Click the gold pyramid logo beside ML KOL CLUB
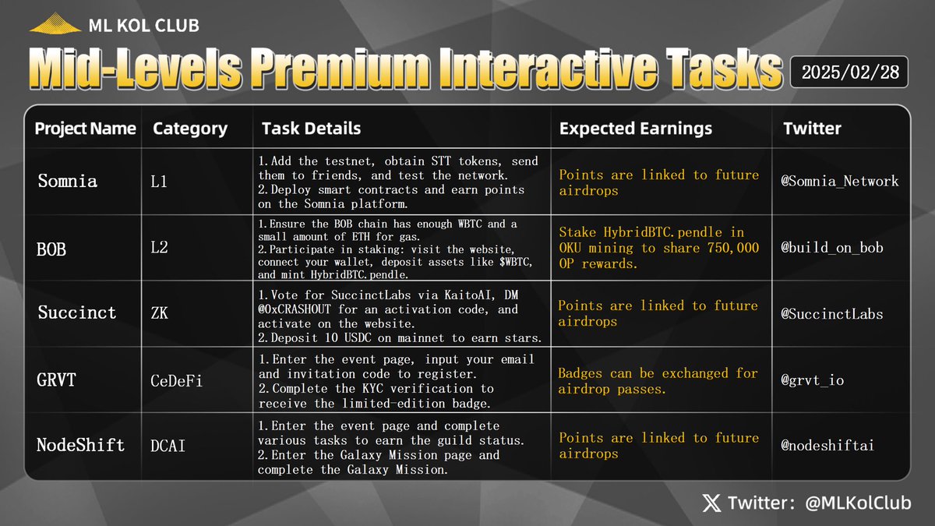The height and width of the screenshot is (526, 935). [55, 25]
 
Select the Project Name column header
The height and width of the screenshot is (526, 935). [85, 129]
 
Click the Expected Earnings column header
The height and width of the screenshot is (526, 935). [636, 129]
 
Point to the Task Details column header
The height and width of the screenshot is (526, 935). [311, 129]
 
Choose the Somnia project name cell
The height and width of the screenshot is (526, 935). [68, 182]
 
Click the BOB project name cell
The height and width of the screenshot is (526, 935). [51, 249]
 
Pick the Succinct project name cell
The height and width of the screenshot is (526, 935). [77, 313]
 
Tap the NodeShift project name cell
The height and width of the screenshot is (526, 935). [80, 446]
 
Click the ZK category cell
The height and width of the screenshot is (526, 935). [161, 313]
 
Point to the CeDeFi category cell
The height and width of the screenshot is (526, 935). [175, 380]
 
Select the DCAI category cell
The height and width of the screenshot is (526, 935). [168, 446]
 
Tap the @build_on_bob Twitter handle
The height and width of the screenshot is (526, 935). [832, 249]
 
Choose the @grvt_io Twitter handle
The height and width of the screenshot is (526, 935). [813, 380]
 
